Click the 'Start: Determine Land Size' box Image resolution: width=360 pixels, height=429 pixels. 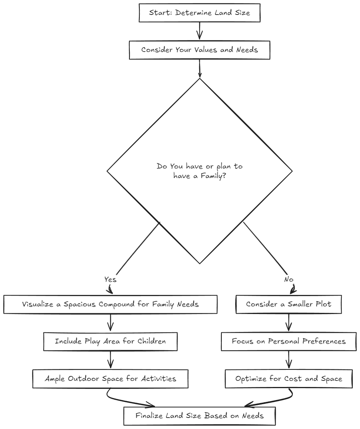click(x=200, y=13)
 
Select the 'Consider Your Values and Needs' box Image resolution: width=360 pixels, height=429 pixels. click(x=200, y=50)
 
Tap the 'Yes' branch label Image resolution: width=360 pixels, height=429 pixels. click(x=110, y=279)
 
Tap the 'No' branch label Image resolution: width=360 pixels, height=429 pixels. click(x=289, y=279)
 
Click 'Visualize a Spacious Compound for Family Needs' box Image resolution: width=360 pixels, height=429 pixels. click(x=110, y=304)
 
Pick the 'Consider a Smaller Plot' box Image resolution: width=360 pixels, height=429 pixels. click(x=289, y=304)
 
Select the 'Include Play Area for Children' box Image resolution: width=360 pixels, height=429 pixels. click(x=110, y=342)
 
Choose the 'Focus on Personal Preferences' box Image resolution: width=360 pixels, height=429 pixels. click(x=289, y=342)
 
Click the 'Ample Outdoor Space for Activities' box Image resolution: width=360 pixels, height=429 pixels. click(x=110, y=379)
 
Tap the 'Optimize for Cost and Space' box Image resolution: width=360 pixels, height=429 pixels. click(x=289, y=379)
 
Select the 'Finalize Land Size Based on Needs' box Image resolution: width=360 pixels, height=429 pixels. click(x=200, y=416)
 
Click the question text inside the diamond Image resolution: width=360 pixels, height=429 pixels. click(x=200, y=171)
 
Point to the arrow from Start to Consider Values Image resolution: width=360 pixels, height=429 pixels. click(x=200, y=31)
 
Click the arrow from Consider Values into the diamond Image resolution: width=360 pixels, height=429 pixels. click(x=200, y=68)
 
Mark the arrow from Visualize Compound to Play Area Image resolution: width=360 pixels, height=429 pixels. click(x=110, y=323)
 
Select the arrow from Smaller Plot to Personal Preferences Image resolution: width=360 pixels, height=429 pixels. click(x=289, y=323)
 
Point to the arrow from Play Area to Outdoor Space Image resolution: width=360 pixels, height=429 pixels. click(x=110, y=360)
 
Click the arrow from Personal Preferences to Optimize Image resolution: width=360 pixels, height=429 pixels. click(x=289, y=360)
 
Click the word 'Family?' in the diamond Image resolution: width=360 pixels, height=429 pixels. click(x=213, y=176)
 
